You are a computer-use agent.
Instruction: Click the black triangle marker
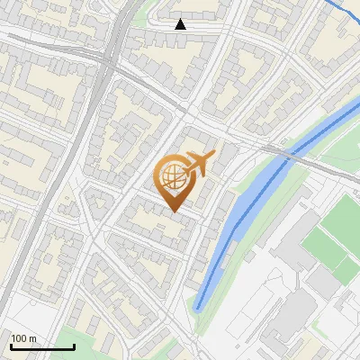pyautogui.click(x=181, y=24)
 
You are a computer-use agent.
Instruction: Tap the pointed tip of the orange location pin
pyautogui.click(x=174, y=211)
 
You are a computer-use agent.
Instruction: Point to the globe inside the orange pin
pyautogui.click(x=173, y=176)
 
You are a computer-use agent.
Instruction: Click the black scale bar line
pyautogui.click(x=42, y=346)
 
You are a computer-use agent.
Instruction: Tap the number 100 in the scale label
pyautogui.click(x=20, y=338)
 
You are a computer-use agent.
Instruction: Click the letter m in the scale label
pyautogui.click(x=32, y=338)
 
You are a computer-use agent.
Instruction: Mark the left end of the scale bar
pyautogui.click(x=11, y=346)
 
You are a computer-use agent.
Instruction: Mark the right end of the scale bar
pyautogui.click(x=74, y=346)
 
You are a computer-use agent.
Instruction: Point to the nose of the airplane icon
pyautogui.click(x=214, y=155)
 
